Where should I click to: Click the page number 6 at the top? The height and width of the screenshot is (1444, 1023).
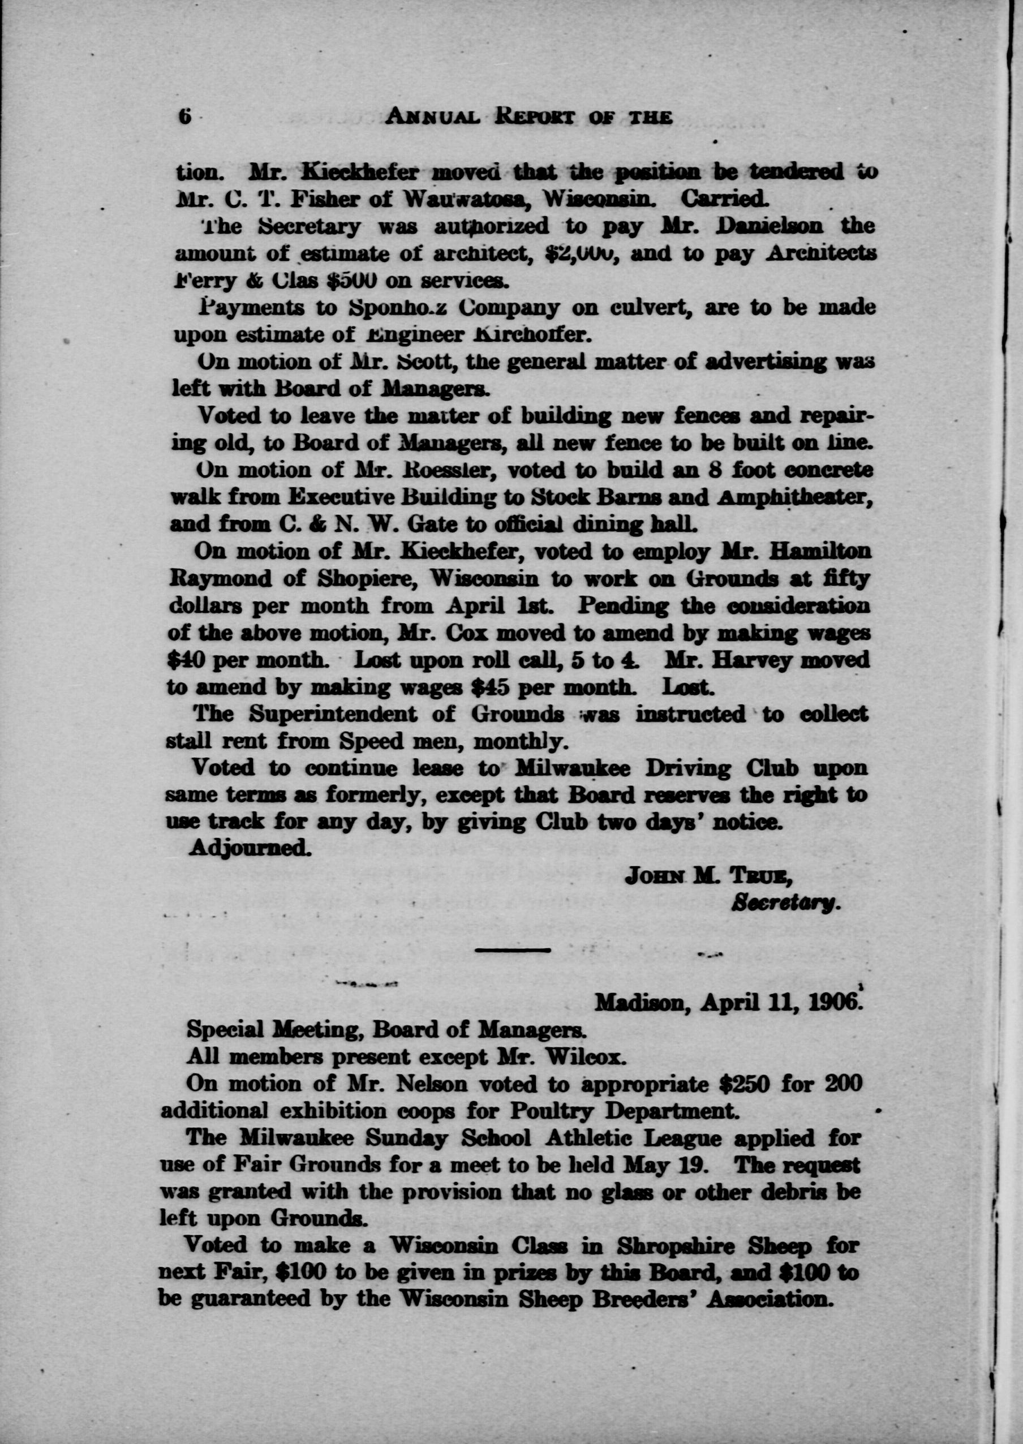(184, 117)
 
